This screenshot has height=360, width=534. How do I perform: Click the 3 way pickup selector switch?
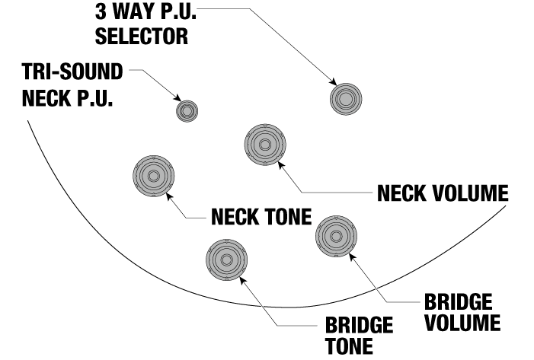346,98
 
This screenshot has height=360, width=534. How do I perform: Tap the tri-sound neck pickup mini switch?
187,111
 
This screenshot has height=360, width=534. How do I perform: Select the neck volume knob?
264,145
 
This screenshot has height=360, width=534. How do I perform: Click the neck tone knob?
153,176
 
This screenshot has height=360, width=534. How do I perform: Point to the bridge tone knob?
227,259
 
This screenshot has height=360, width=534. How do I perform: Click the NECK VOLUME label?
443,193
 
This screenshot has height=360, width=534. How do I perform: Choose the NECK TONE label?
261,218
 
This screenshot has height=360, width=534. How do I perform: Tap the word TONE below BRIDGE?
349,346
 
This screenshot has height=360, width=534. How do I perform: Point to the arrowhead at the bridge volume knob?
350,257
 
